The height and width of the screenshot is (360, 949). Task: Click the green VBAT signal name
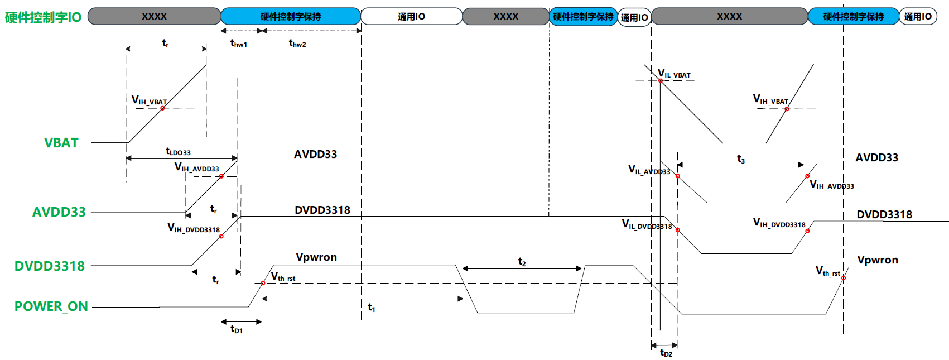point(61,143)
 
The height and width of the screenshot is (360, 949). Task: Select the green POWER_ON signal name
point(51,306)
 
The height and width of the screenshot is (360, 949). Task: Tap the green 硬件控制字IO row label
point(43,17)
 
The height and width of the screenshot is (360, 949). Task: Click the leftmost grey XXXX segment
point(154,17)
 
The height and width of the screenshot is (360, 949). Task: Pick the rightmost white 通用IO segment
point(918,17)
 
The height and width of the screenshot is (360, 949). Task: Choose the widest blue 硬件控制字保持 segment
point(291,17)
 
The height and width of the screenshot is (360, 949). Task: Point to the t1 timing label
point(372,307)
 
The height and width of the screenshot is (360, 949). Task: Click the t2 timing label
point(522,262)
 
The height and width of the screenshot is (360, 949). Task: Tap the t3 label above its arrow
point(740,159)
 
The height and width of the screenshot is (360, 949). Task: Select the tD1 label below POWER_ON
point(237,329)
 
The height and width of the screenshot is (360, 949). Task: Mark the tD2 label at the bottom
point(666,353)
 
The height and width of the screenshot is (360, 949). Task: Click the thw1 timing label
point(239,43)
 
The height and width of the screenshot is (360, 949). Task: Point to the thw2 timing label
point(297,43)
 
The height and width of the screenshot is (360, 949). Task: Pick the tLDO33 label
point(178,151)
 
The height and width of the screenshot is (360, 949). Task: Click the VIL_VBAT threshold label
point(674,73)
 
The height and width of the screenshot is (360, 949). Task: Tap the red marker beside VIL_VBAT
point(660,80)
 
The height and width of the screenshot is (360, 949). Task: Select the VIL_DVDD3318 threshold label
point(647,225)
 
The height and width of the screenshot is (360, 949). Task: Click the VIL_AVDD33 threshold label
point(649,170)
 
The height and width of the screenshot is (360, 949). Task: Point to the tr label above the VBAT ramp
point(165,43)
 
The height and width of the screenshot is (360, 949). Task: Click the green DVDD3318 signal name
point(50,266)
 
